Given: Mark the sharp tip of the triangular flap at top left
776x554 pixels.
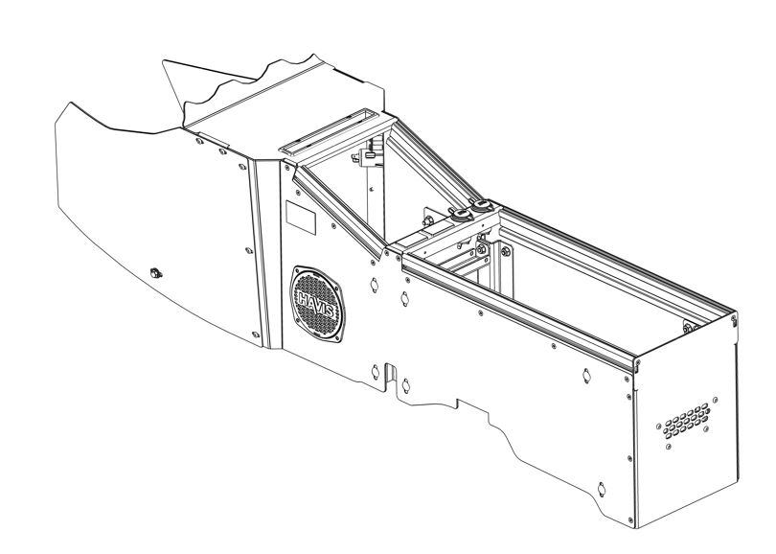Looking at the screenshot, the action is [x=163, y=61].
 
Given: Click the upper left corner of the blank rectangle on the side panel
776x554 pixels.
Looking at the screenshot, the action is [x=286, y=200].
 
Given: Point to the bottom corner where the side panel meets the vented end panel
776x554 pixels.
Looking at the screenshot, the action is [x=635, y=528].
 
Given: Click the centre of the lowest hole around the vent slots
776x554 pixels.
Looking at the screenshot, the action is [x=669, y=447].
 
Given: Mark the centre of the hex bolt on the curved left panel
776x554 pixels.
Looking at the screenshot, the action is [x=156, y=273].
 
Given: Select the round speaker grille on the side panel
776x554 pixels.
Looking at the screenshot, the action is [x=317, y=305].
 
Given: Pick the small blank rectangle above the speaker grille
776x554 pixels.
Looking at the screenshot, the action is [x=301, y=218].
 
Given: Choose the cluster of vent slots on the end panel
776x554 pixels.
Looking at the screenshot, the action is [x=686, y=421].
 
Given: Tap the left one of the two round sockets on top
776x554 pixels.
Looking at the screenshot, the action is [x=461, y=214].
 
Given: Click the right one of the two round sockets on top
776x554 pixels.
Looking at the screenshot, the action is [x=480, y=204].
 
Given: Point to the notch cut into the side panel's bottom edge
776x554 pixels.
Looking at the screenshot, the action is [x=391, y=374].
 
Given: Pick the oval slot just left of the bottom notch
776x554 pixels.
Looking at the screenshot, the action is [x=376, y=372].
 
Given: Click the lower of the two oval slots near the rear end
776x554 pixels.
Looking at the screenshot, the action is [x=602, y=489].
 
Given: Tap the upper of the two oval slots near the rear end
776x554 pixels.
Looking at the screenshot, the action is [x=586, y=376].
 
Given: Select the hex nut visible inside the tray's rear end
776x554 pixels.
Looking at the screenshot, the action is [x=688, y=327].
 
